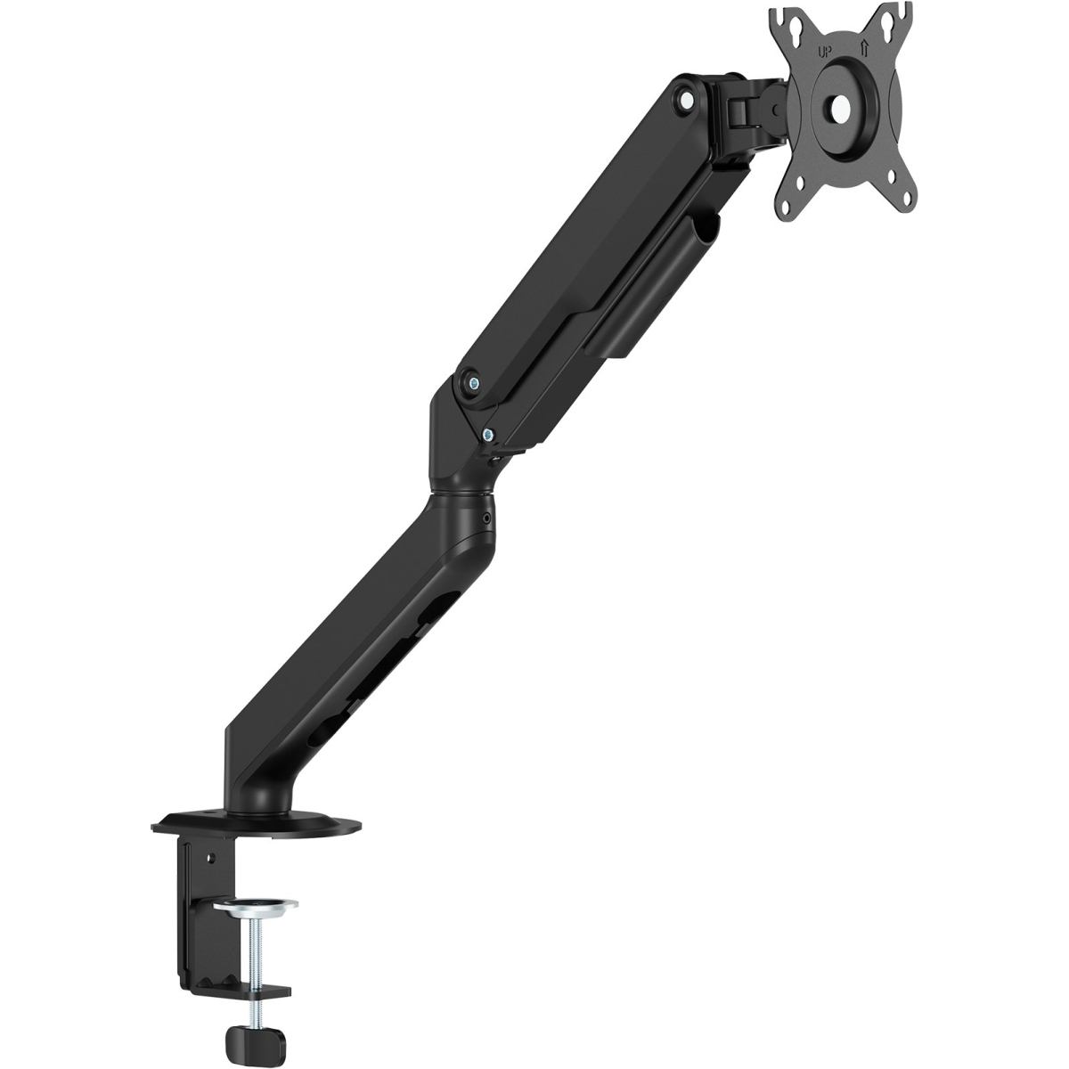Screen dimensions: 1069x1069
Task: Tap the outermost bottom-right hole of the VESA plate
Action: click(x=908, y=197)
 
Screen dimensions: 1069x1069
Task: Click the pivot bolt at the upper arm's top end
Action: click(x=687, y=101)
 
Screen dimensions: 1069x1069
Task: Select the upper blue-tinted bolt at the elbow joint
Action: click(x=474, y=383)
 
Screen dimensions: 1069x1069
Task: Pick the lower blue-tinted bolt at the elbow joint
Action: click(x=487, y=436)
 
